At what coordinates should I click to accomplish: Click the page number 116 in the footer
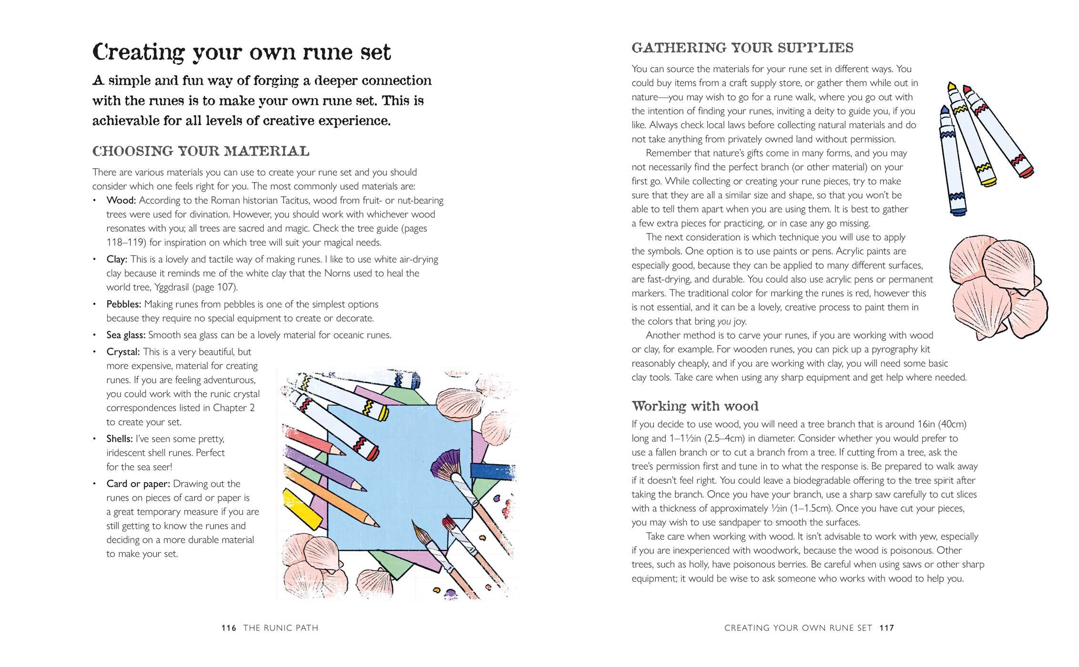tap(229, 628)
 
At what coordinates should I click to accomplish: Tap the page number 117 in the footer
tap(886, 628)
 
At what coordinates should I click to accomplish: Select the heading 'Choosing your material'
tap(201, 152)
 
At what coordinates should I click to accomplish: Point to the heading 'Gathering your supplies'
tap(742, 48)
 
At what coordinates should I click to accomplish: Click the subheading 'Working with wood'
tap(695, 406)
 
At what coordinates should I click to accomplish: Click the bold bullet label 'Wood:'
tap(121, 201)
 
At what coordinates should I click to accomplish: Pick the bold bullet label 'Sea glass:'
tap(126, 335)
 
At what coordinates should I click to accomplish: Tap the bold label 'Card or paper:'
tap(138, 484)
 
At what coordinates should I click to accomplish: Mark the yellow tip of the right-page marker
tap(952, 88)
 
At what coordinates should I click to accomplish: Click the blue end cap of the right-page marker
tap(957, 211)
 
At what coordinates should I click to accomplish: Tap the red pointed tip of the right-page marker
tap(967, 90)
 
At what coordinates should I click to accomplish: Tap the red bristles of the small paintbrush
tap(448, 523)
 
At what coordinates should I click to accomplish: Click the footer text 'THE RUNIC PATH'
tap(281, 628)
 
